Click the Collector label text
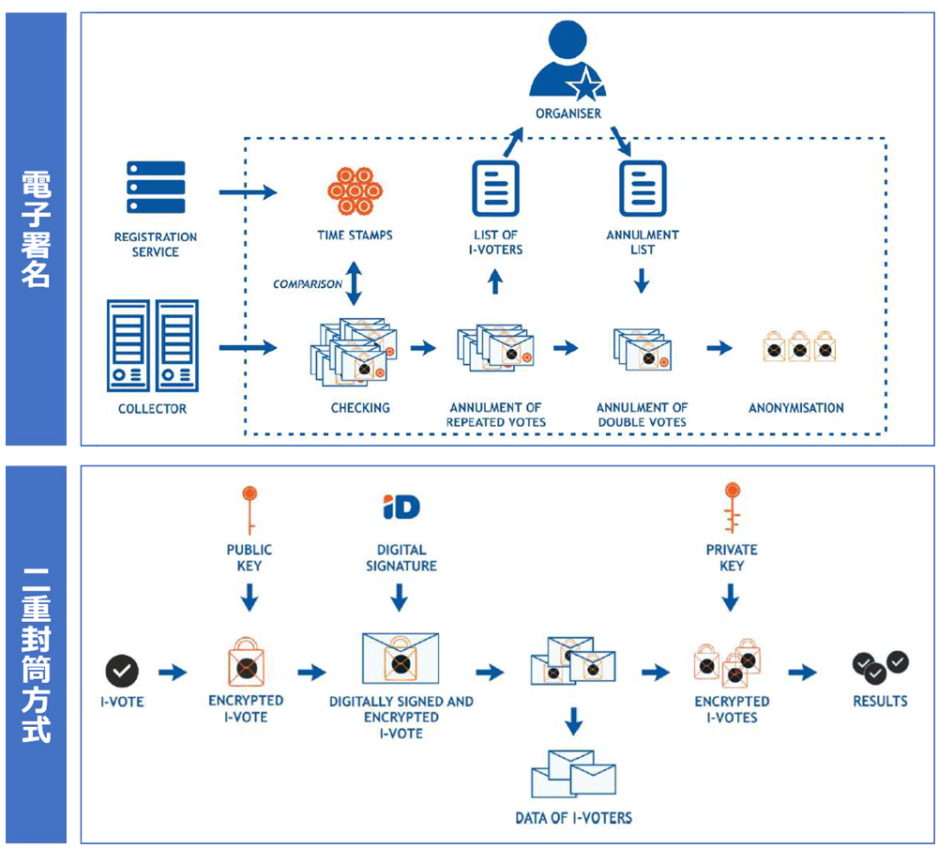coord(152,409)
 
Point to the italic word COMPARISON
coord(308,284)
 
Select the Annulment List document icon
coord(643,189)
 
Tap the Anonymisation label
coord(795,408)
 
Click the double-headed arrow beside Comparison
coord(355,283)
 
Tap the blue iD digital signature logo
coord(401,507)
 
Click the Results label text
coord(880,701)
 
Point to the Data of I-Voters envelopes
coord(573,774)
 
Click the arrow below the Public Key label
coord(250,597)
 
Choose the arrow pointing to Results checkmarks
coord(803,672)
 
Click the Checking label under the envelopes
coord(360,408)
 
